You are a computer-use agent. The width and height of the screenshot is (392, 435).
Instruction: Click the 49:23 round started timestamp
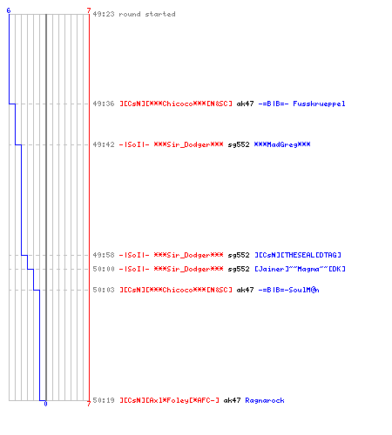[104, 14]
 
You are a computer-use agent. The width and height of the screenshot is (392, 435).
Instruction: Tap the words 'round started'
[147, 14]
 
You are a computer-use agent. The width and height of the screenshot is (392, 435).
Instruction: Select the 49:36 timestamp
[104, 104]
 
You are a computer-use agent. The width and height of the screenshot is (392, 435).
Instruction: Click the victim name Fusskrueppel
[319, 104]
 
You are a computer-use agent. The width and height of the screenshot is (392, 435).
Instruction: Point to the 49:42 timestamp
[104, 144]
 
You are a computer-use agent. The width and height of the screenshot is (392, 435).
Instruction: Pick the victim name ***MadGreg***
[282, 144]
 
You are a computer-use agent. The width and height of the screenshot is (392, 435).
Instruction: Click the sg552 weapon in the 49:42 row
[239, 144]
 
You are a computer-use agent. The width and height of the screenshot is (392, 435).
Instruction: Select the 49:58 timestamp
[104, 255]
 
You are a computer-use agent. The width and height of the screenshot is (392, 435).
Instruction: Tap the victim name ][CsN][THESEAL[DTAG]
[298, 255]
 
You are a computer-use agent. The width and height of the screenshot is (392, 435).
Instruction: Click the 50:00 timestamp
[104, 269]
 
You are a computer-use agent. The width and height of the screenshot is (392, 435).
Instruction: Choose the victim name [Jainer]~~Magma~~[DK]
[301, 269]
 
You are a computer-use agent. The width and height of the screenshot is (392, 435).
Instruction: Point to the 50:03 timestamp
[104, 290]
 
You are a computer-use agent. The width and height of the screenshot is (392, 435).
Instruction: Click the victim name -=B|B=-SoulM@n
[289, 290]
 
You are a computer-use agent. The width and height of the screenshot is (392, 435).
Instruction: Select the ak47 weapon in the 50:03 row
[245, 290]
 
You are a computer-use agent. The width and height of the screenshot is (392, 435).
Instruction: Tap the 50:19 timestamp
[104, 400]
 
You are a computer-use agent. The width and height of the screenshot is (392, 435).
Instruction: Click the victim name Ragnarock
[265, 400]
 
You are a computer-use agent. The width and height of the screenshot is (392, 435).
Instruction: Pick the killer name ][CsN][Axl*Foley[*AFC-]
[170, 400]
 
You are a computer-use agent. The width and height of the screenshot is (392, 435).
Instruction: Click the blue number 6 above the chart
[9, 10]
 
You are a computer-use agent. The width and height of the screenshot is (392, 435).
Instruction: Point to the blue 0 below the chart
[45, 404]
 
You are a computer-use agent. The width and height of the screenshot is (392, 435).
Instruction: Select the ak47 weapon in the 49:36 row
[245, 104]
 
